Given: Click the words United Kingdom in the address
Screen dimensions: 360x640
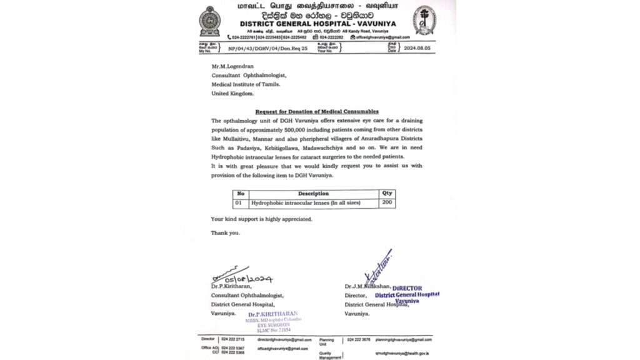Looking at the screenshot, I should click(232, 93).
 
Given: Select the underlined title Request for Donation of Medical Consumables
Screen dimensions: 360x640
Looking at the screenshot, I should click(316, 111).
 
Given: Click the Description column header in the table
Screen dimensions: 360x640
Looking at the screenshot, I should click(313, 194).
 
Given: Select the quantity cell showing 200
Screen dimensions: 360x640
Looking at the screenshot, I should click(387, 203).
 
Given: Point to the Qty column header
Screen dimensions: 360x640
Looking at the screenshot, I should click(387, 194).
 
